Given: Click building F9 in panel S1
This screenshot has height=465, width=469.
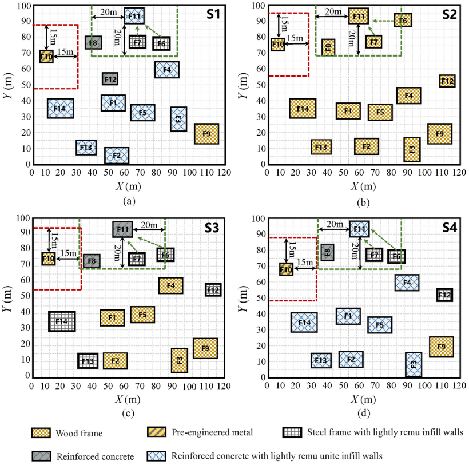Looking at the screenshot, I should click(x=206, y=134).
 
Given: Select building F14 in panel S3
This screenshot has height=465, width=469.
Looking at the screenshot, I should click(x=62, y=321).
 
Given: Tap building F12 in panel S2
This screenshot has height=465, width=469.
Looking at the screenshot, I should click(x=447, y=81).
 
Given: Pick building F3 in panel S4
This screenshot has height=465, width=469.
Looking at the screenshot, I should click(x=414, y=364).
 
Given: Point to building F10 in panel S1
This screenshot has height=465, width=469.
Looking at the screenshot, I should click(x=46, y=57).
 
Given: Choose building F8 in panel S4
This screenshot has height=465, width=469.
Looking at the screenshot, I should click(x=327, y=252).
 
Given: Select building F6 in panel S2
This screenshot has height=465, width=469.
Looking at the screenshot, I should click(x=403, y=21).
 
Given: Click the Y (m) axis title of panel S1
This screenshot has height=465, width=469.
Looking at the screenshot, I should click(x=8, y=86).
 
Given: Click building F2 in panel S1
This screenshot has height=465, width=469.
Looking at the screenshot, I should click(x=117, y=156).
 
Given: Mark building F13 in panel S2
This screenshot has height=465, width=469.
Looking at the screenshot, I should click(x=321, y=147).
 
